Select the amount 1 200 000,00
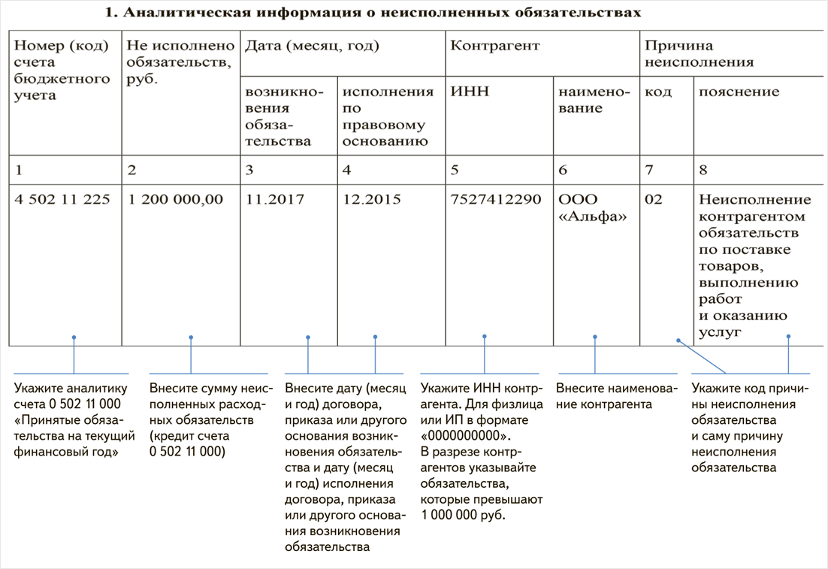coord(176,200)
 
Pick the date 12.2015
coord(371,200)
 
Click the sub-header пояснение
coord(739,92)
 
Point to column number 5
coord(454,170)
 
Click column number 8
coord(703,170)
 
